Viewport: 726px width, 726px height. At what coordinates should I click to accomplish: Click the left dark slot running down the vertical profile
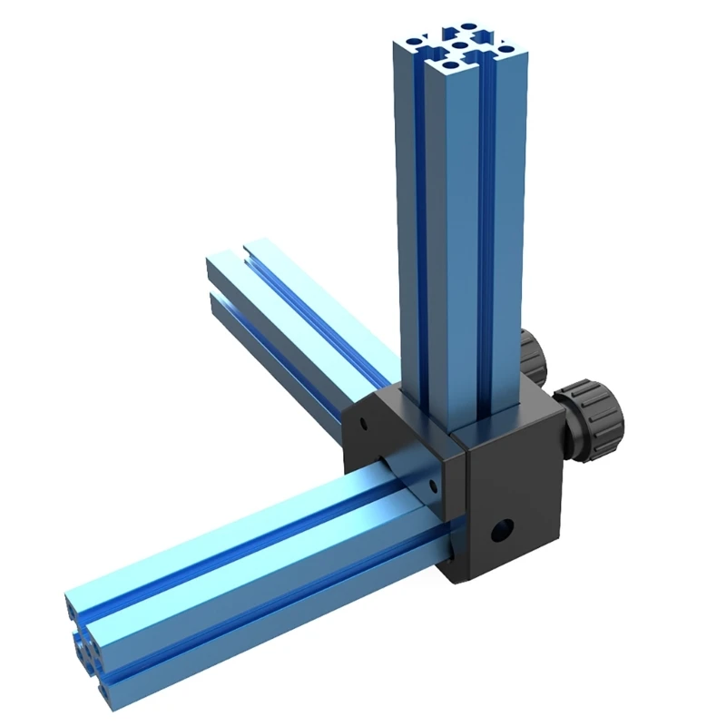click(x=420, y=227)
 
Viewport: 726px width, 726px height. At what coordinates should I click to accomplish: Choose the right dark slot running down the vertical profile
click(x=491, y=227)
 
